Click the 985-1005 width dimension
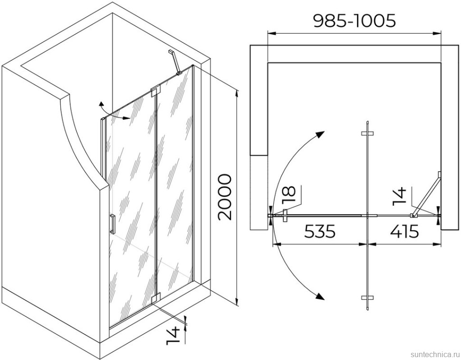coord(354,21)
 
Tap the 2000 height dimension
coord(225,197)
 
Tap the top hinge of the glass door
coord(155,91)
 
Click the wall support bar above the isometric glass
coord(174,62)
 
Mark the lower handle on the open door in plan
coord(367,297)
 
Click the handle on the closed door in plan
coord(285,216)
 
